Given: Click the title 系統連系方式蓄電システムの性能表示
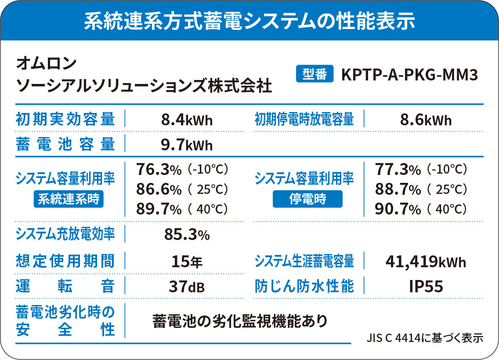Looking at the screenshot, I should [x=249, y=21].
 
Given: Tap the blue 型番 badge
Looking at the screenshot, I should [x=315, y=74].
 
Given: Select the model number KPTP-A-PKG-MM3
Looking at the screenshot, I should [x=409, y=74].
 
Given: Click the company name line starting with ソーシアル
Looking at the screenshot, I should [x=144, y=85].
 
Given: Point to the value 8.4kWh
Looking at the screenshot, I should [x=187, y=120].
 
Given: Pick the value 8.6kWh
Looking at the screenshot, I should [x=426, y=120].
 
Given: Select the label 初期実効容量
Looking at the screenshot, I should [x=65, y=119].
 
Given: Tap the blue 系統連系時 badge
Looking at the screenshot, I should [x=68, y=200].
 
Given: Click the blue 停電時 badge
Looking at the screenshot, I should [x=307, y=200].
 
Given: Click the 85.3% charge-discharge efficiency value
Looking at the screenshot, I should [x=187, y=235].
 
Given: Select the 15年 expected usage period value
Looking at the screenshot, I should [x=187, y=262].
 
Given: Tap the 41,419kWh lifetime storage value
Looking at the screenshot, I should [x=426, y=262].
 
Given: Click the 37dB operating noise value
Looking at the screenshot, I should [x=187, y=287].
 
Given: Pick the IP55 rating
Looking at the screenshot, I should [x=426, y=287].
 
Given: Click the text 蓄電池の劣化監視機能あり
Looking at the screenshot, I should [x=240, y=321].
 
